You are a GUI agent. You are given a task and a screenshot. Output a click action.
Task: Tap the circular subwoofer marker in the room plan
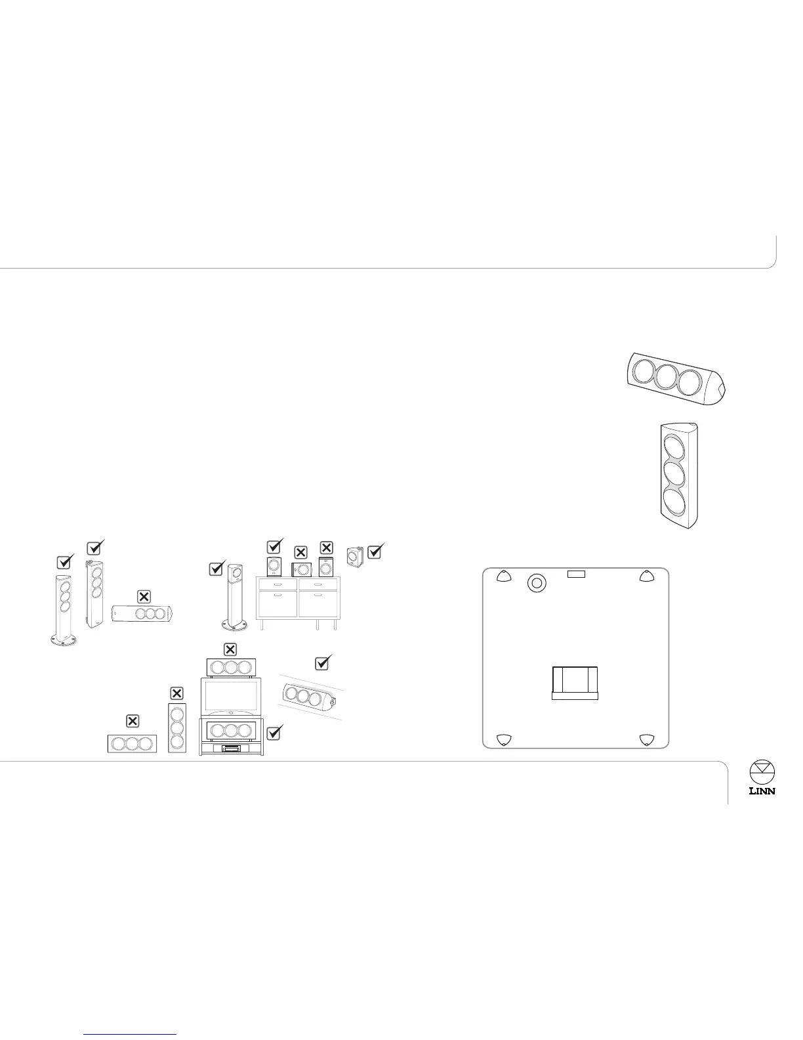coord(537,582)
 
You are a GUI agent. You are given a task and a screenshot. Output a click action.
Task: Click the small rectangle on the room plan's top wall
coord(575,574)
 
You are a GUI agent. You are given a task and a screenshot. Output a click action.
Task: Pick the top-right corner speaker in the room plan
coord(647,577)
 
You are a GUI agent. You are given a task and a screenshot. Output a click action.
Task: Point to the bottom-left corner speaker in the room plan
coord(503,740)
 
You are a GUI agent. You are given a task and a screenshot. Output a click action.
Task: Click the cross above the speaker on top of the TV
coord(230,649)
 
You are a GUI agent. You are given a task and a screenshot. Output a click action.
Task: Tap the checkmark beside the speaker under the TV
coord(275,732)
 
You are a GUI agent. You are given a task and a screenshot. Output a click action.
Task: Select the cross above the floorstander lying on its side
coord(144,596)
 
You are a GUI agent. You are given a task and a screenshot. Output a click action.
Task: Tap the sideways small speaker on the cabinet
coord(300,569)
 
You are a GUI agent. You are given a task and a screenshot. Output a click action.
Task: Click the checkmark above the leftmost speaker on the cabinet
coord(275,546)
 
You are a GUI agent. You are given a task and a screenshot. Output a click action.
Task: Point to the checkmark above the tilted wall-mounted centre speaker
coord(322,663)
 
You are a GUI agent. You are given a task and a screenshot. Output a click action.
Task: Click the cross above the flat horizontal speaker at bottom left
coord(132,721)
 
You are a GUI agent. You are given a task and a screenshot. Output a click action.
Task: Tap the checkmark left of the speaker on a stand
coord(217,569)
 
